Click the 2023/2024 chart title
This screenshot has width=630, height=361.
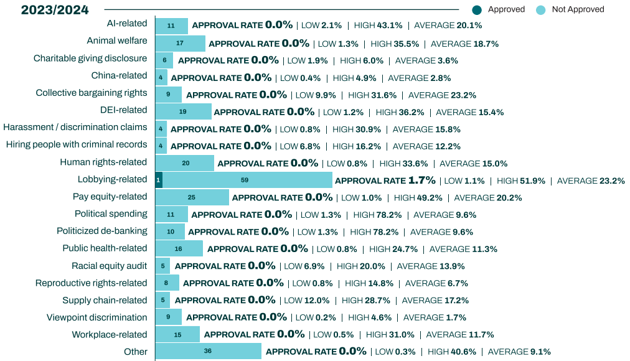point(55,10)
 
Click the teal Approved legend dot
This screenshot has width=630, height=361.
point(477,9)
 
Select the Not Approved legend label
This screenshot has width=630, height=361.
point(578,9)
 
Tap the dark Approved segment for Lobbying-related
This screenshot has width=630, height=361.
point(159,180)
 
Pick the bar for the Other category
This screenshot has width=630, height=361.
point(208,351)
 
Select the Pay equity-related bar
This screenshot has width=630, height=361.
point(192,197)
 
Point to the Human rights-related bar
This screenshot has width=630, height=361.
point(185,163)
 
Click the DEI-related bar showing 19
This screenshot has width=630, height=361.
point(183,112)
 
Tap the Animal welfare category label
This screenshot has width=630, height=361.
point(117,40)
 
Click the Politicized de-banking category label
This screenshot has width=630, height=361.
point(102,230)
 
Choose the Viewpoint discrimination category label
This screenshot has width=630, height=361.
point(97,317)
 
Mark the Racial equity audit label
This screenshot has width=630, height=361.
point(110,265)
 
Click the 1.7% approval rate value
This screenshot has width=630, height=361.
point(421,180)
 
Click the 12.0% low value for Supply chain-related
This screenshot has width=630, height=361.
point(317,300)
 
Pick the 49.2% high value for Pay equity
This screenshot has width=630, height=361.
point(430,197)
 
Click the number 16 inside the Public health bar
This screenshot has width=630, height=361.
point(179,248)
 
